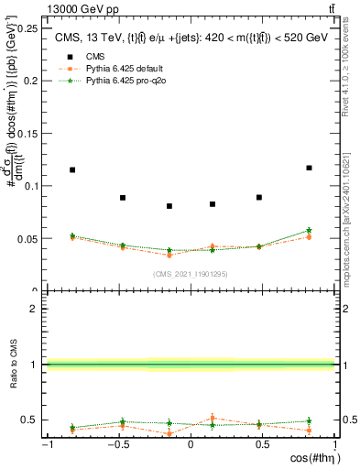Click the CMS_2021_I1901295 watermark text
[x=191, y=274]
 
